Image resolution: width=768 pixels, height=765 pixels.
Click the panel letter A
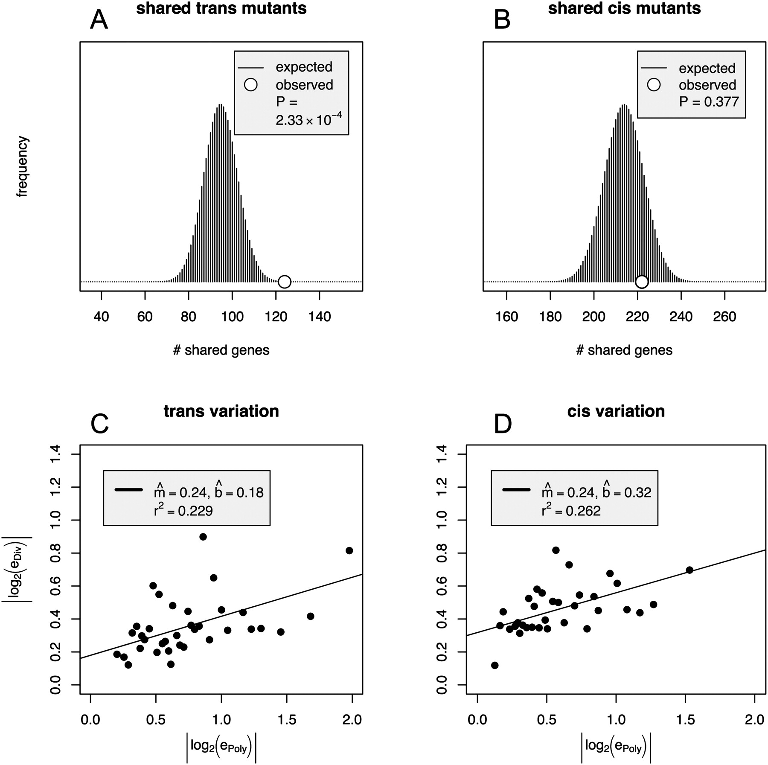[x=99, y=20]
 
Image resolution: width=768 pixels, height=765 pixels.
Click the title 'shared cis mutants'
[x=624, y=9]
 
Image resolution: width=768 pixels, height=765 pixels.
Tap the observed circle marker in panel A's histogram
[x=285, y=282]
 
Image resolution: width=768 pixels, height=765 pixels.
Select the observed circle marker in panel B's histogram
[x=642, y=282]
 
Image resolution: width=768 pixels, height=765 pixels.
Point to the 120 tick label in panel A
[x=276, y=317]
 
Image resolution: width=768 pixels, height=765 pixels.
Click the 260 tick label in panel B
[x=725, y=317]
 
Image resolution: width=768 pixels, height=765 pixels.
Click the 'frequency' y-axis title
[x=22, y=166]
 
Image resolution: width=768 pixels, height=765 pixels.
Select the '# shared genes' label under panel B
[x=624, y=350]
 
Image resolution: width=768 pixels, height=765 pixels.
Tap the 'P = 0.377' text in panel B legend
[x=709, y=102]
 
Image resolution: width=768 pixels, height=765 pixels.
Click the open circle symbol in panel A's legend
[x=250, y=84]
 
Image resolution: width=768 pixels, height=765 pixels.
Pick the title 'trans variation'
[x=221, y=411]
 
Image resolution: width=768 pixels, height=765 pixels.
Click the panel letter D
[x=503, y=425]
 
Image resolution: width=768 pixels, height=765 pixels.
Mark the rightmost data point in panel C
[x=349, y=550]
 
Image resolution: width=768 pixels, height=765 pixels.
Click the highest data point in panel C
[x=203, y=537]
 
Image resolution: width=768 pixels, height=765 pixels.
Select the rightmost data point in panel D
[x=689, y=570]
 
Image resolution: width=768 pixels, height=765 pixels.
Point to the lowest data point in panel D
[x=495, y=665]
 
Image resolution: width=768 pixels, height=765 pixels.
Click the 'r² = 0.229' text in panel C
[x=183, y=511]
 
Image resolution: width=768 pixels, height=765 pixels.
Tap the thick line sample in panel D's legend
[x=516, y=490]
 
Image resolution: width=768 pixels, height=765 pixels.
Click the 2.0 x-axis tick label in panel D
[x=754, y=720]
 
